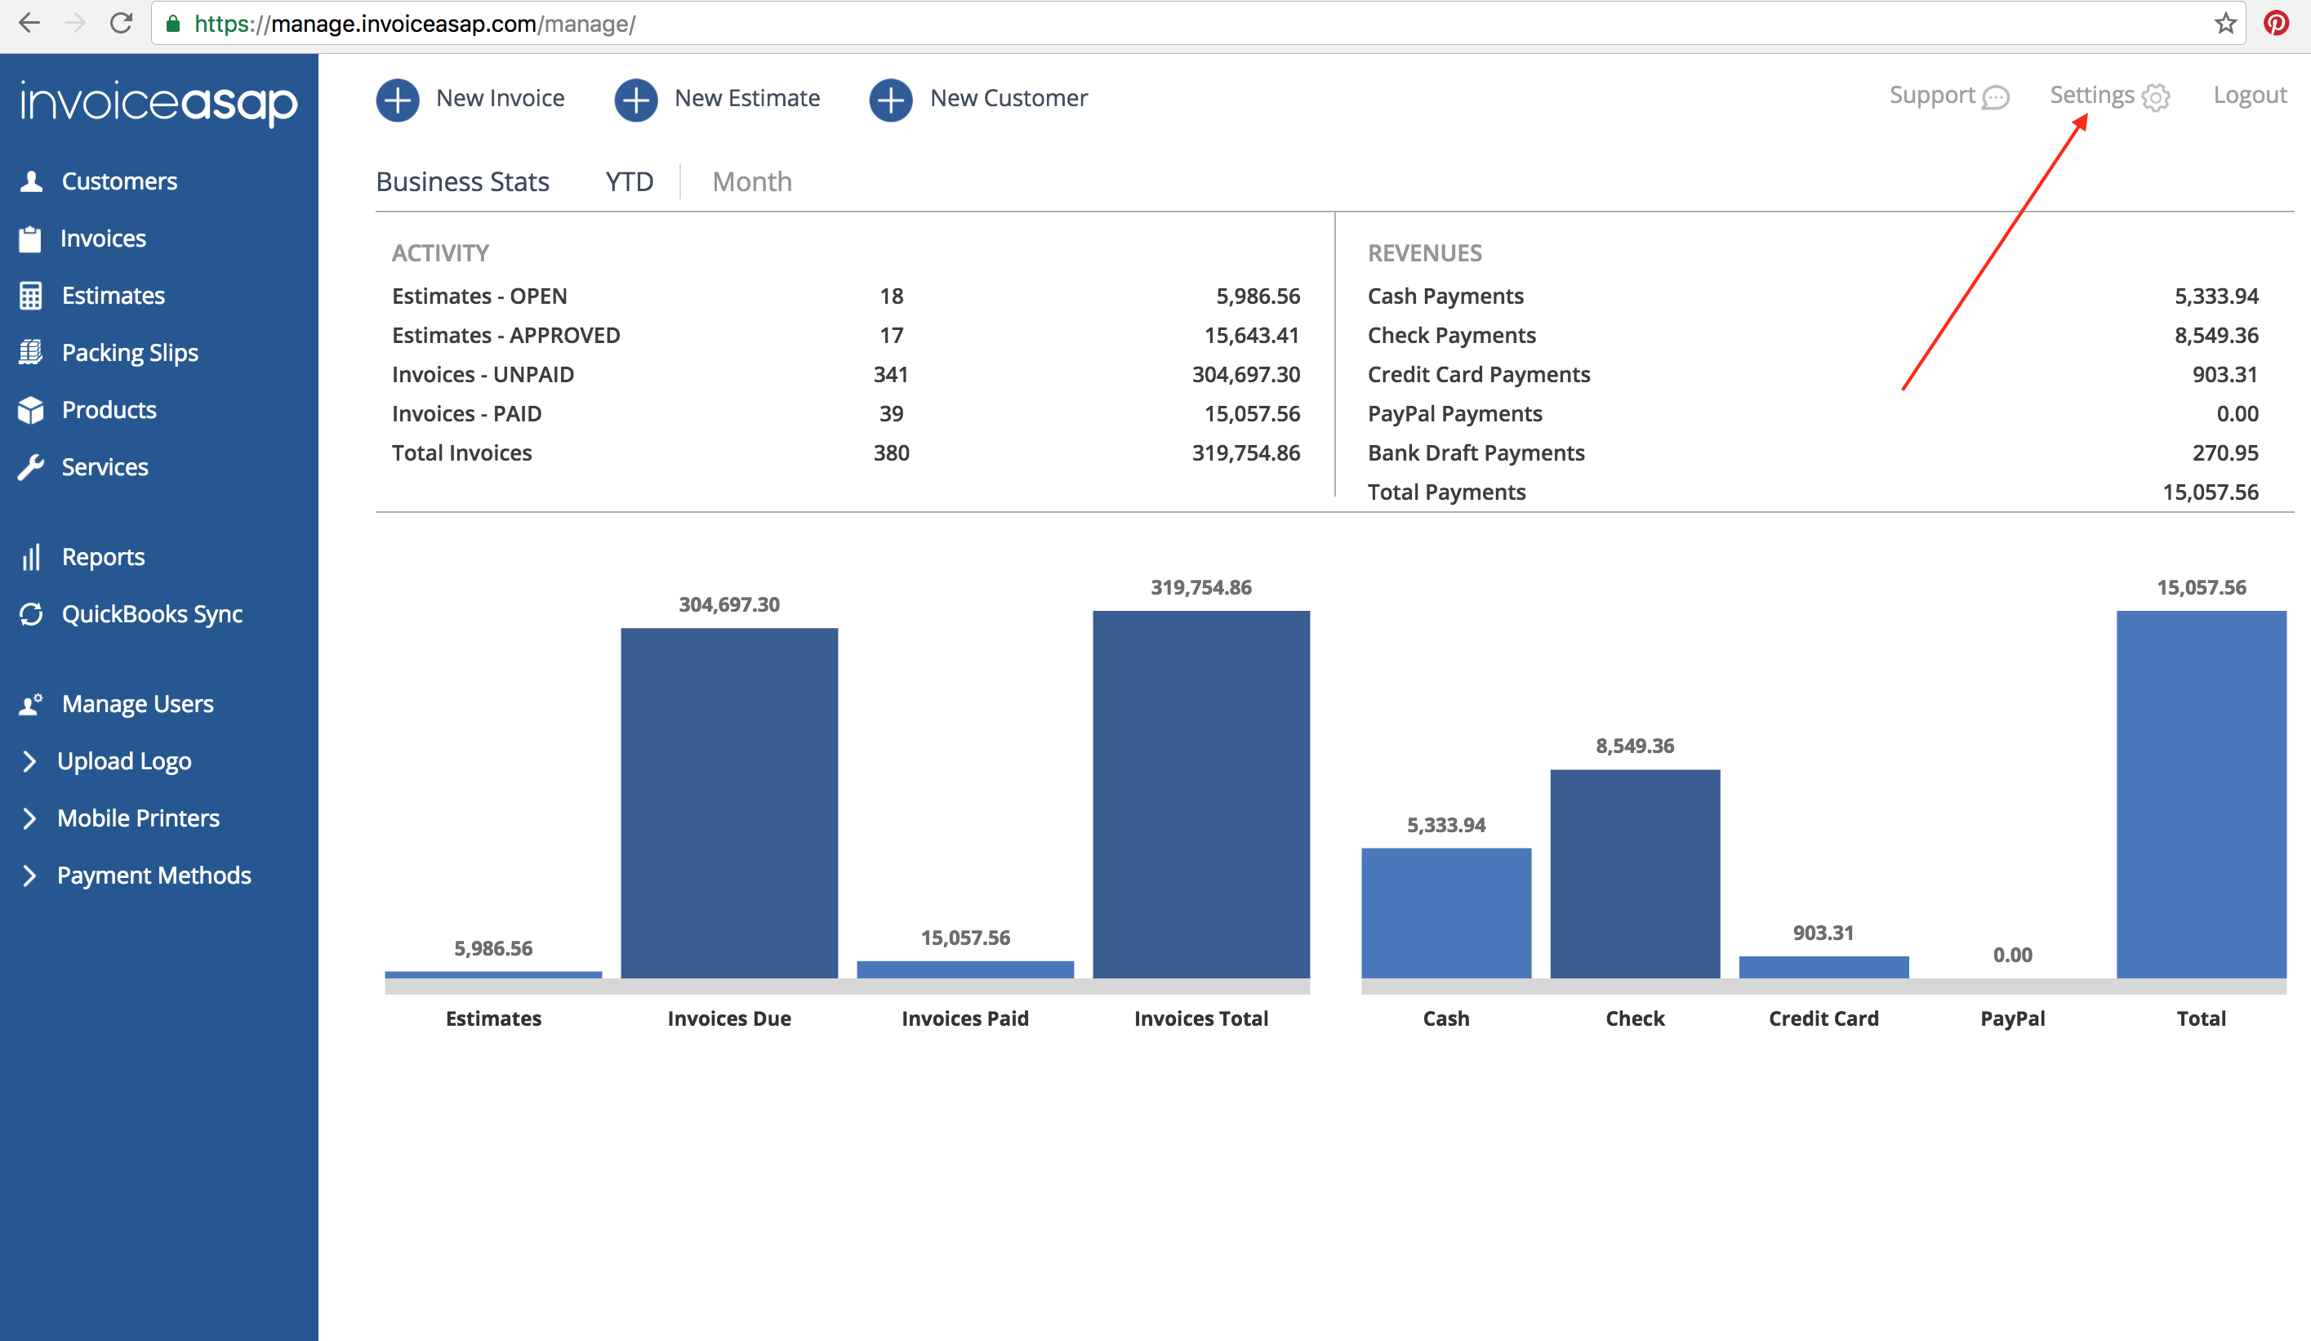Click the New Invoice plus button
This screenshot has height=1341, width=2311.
pos(397,99)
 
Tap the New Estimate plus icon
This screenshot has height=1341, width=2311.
pos(635,99)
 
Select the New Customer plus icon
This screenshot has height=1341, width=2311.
pos(890,99)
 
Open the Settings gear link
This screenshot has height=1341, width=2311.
pos(2108,96)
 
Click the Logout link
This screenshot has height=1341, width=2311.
pos(2249,96)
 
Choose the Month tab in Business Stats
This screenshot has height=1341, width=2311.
pos(751,181)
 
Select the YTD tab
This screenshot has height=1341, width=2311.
pos(629,181)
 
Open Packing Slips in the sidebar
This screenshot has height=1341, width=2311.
pos(129,353)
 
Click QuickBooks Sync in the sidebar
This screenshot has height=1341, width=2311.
pos(151,614)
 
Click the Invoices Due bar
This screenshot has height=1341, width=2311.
pos(729,803)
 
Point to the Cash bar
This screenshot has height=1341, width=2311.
pos(1445,913)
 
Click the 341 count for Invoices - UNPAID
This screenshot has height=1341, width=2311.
pos(890,374)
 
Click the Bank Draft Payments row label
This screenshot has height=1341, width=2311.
pos(1476,453)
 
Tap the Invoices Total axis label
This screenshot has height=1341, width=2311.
pos(1200,1018)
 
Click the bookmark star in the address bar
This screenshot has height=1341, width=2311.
pos(2224,23)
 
